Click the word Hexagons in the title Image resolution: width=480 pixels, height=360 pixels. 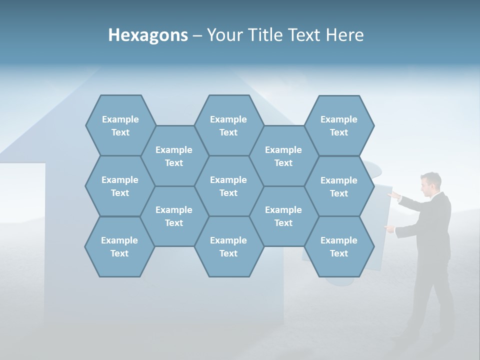148,35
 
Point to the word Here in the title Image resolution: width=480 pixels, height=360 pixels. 344,35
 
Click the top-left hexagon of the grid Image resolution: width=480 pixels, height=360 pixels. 120,125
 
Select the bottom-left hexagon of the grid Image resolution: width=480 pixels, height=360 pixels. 119,246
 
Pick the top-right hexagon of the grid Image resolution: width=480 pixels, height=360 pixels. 339,125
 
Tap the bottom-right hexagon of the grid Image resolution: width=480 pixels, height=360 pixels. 339,246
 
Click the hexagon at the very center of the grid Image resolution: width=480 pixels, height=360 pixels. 228,186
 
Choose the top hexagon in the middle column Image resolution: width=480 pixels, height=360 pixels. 228,125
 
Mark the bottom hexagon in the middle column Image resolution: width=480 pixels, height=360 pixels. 228,246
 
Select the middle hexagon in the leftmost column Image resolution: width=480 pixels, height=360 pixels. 120,186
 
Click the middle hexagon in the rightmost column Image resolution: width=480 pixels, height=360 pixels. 339,186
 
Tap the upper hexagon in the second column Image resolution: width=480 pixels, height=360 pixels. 174,156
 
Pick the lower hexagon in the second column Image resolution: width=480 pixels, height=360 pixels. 174,216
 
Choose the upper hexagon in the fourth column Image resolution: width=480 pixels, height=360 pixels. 283,156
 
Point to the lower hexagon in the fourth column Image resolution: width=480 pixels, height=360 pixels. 283,216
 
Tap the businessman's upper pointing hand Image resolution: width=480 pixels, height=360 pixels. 394,195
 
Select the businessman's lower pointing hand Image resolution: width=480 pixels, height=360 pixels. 389,228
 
